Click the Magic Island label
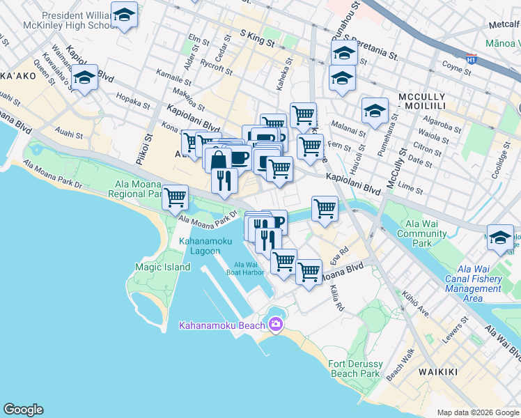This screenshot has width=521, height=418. point(163,267)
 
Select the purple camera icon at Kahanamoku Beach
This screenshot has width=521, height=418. point(276,325)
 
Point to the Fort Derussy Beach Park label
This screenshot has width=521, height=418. point(355,368)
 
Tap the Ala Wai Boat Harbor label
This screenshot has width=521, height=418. point(249,268)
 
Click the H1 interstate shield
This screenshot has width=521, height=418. point(472,60)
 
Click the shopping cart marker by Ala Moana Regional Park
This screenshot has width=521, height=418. point(176,197)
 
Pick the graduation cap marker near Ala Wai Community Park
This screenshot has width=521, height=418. point(500,238)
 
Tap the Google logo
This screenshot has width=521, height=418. point(23,410)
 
